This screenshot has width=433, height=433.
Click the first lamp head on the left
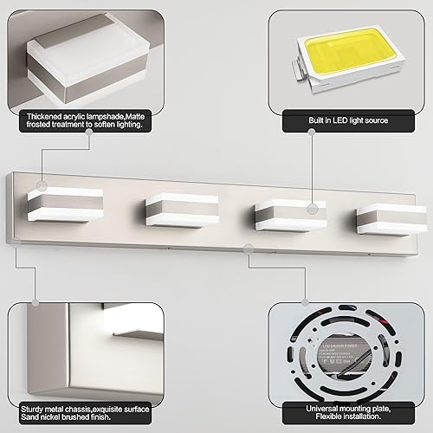tap(72, 202)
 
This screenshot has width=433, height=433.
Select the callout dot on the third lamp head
tap(313, 208)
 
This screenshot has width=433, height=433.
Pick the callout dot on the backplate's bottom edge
tap(249, 249)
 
